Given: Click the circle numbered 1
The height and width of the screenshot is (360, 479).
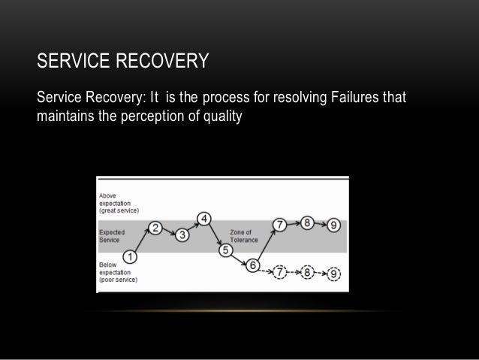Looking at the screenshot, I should [130, 256].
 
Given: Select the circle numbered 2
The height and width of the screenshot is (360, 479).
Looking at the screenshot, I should [155, 228].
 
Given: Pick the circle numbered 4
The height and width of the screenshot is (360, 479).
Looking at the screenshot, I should [203, 219].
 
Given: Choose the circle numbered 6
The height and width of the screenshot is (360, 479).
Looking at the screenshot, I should [253, 265].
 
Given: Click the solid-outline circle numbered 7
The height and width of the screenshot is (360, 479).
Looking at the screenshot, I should [279, 224].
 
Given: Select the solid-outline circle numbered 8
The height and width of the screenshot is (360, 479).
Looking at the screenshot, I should [307, 222].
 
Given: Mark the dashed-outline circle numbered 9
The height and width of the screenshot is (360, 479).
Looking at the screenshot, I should [333, 273].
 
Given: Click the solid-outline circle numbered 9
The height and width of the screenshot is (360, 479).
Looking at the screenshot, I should [333, 224].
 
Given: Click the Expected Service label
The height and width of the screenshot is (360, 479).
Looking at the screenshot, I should [113, 237].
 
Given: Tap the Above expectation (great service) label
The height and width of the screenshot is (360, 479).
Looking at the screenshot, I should [119, 202].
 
